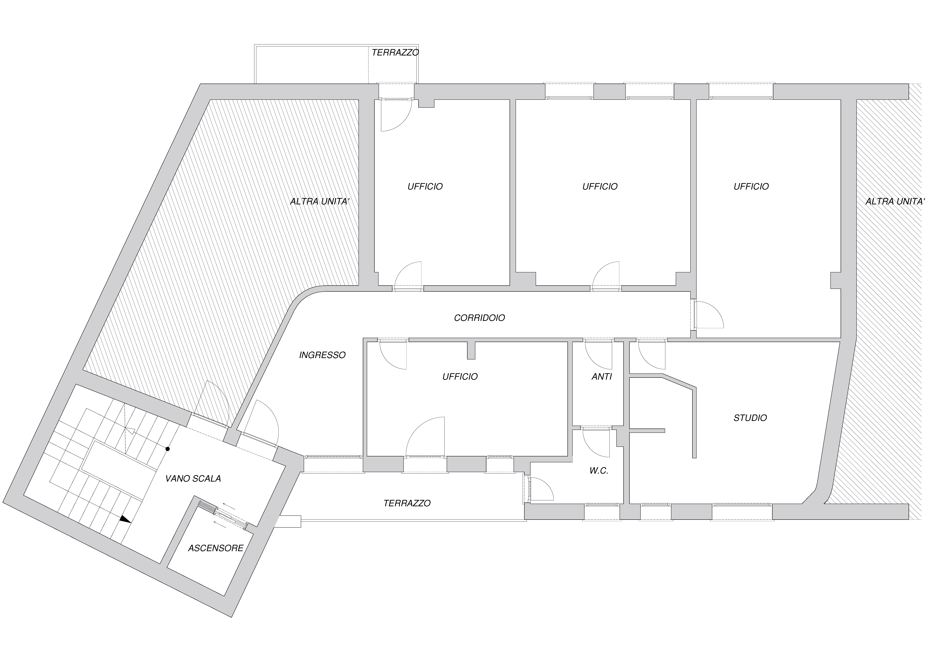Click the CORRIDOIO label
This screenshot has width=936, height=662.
[x=479, y=318]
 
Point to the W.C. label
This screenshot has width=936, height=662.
[x=599, y=471]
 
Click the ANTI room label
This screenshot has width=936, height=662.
[x=602, y=377]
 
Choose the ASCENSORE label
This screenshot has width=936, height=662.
[x=216, y=548]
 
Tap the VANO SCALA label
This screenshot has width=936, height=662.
[x=193, y=479]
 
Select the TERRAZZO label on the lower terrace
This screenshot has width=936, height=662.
[x=407, y=503]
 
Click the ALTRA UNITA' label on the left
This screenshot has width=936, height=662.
[x=320, y=201]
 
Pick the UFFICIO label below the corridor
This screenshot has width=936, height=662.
[x=460, y=377]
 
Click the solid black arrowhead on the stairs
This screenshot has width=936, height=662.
[x=125, y=519]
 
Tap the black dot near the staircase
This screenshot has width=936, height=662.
[x=167, y=449]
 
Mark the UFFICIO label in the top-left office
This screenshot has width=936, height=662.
[x=425, y=187]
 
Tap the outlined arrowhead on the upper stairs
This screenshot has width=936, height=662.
[x=131, y=431]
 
